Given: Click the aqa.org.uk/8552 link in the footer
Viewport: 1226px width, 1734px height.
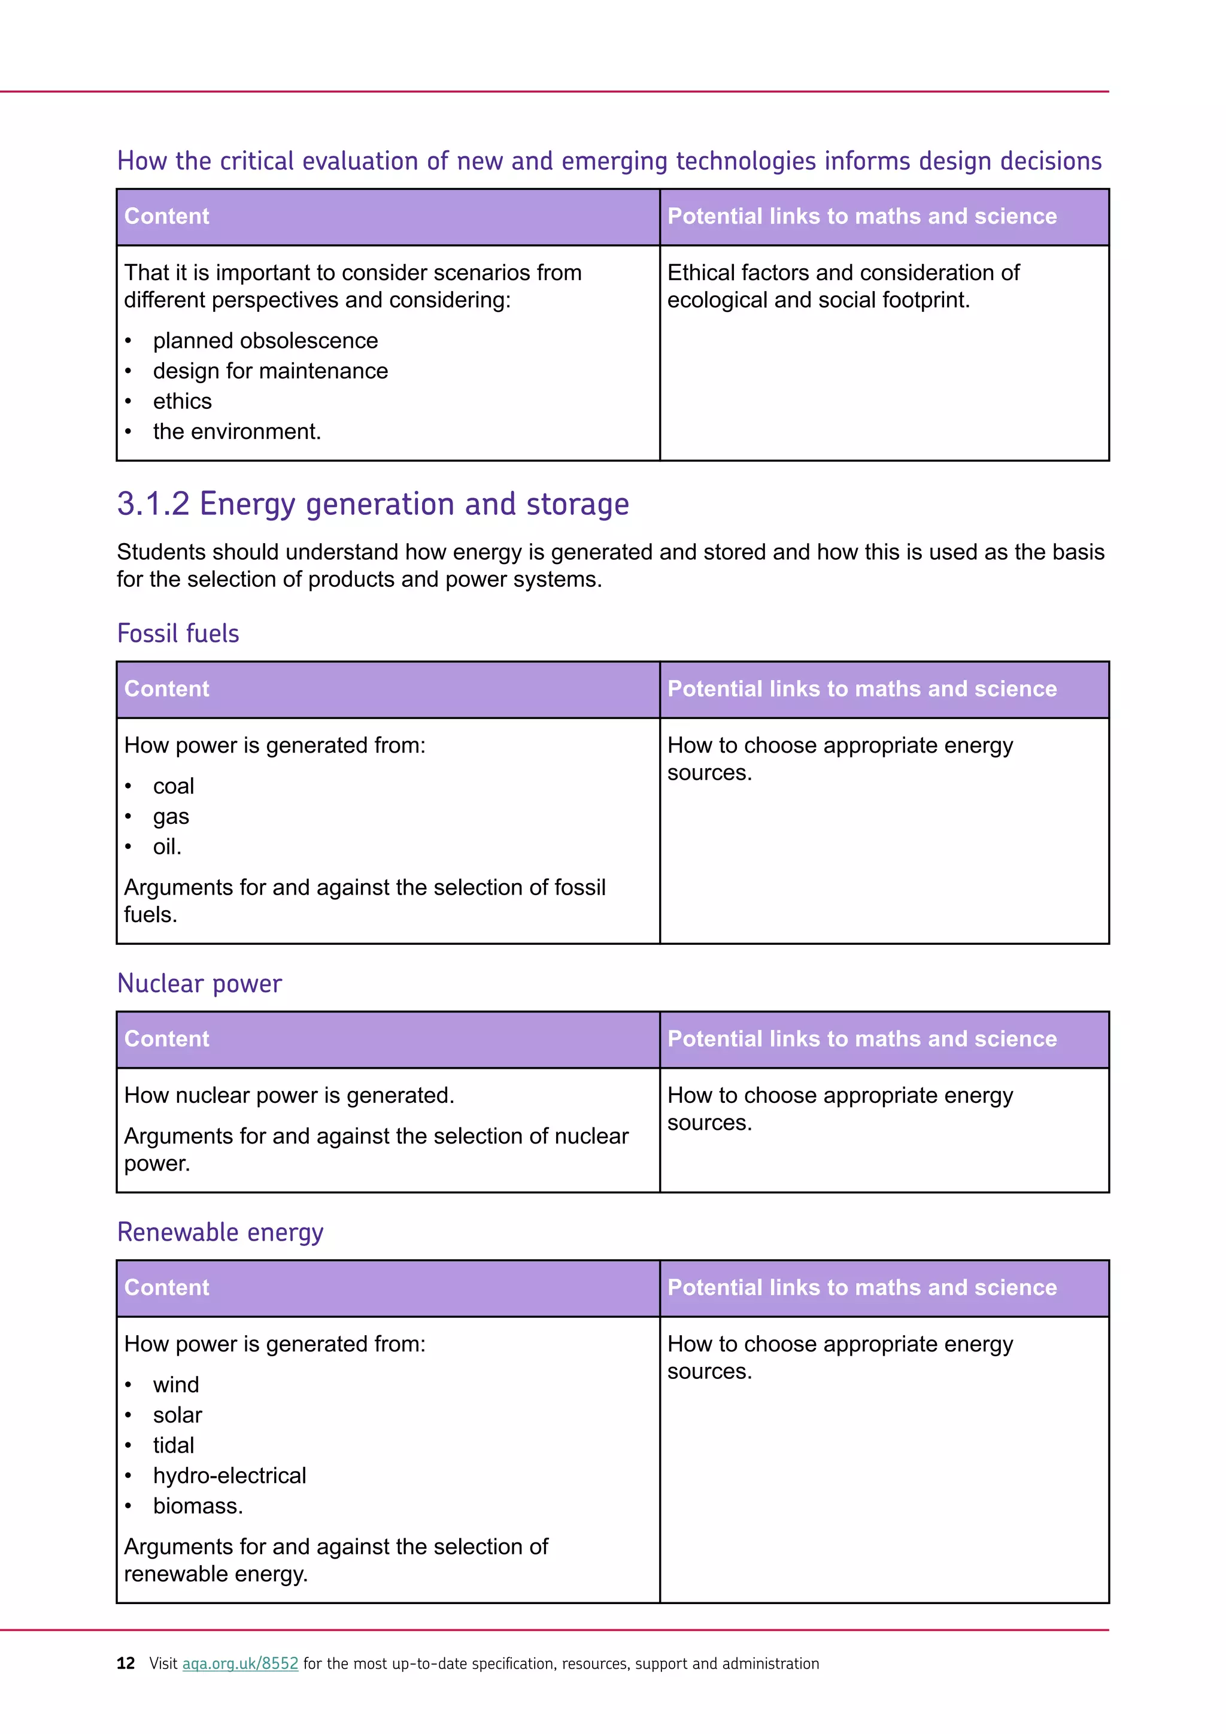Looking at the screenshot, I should click(240, 1664).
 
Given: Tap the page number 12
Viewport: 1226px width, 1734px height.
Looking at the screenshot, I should click(125, 1664).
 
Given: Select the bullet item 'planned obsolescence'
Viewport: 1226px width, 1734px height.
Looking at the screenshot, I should click(265, 341).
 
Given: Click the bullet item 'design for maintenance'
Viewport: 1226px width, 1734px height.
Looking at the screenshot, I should click(270, 371).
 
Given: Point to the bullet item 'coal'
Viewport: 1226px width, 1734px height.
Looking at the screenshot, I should click(174, 786).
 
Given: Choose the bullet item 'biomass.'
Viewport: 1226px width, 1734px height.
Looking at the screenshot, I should click(198, 1505).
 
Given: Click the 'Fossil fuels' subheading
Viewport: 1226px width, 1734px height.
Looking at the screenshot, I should click(178, 633).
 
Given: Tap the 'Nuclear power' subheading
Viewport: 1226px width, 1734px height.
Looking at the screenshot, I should click(199, 983).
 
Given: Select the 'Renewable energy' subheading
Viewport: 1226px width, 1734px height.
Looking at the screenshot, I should click(220, 1232).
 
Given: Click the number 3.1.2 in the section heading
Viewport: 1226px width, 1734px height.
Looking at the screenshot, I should click(153, 504).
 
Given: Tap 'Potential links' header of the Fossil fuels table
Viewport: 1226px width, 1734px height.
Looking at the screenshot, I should click(861, 689).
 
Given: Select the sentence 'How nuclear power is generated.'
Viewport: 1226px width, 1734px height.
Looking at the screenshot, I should click(289, 1095).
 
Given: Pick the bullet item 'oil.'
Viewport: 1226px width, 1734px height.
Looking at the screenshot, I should click(167, 847).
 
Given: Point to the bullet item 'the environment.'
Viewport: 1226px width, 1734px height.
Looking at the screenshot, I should click(237, 431).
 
